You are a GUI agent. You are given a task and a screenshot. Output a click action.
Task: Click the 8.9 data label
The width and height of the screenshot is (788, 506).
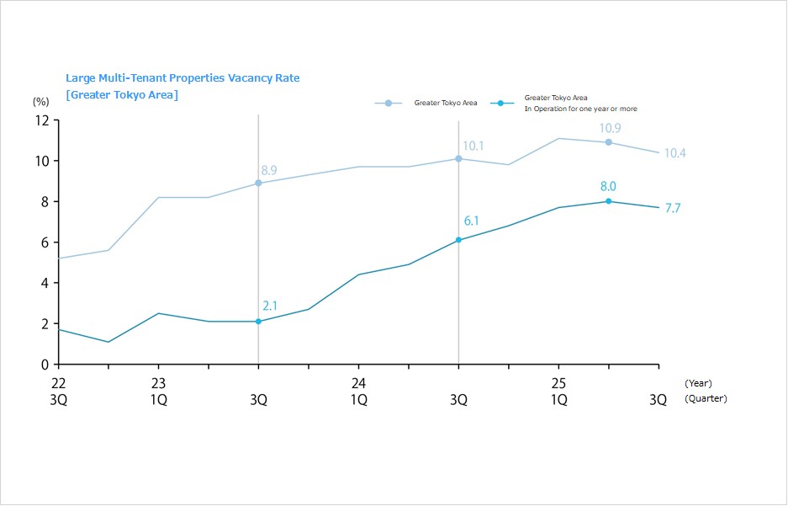(269, 170)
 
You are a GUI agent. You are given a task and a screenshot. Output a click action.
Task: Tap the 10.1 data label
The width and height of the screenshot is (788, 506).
(473, 146)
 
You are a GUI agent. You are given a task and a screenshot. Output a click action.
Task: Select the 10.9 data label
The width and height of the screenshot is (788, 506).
(610, 128)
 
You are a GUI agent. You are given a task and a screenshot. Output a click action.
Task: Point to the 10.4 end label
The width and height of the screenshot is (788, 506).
(674, 153)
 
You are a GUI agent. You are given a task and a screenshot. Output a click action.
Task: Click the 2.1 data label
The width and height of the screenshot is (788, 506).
(269, 305)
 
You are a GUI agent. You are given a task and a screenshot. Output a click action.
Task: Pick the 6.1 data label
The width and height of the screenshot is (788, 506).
(472, 221)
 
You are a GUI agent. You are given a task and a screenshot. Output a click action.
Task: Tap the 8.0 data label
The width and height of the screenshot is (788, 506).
(608, 187)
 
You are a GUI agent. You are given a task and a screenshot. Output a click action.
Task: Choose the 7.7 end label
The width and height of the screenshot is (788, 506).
(673, 208)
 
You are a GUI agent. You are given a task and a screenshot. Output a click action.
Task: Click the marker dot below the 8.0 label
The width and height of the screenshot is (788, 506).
(608, 201)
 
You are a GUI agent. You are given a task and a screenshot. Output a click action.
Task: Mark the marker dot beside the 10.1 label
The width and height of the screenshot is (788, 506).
(458, 158)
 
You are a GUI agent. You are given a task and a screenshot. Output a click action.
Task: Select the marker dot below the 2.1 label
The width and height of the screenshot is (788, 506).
(258, 322)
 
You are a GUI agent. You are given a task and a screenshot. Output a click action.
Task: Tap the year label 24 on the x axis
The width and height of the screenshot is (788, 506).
(358, 383)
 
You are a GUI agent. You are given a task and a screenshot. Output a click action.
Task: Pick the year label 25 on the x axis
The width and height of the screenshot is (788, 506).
(558, 383)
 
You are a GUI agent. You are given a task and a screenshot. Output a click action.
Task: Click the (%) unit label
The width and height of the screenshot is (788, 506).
(41, 101)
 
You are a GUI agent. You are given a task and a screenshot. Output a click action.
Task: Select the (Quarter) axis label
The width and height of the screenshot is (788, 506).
(706, 399)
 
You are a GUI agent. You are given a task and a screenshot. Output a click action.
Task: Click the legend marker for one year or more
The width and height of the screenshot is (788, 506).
(500, 103)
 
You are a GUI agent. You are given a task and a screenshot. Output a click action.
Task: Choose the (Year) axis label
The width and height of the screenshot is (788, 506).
(698, 383)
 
